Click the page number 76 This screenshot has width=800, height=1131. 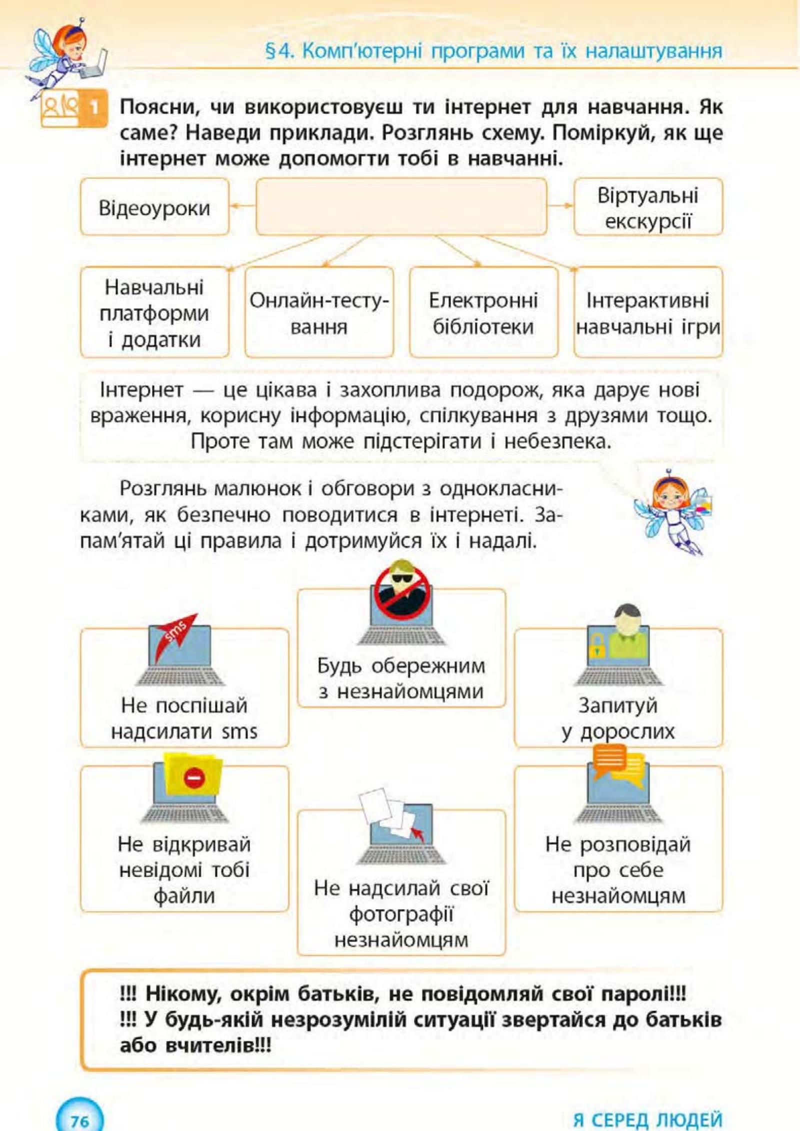coord(79,1121)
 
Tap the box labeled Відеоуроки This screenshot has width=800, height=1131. coord(154,207)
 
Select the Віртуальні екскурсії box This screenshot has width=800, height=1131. coord(648,207)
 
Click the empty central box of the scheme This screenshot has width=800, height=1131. coord(401,206)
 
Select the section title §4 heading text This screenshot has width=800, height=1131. coord(493,51)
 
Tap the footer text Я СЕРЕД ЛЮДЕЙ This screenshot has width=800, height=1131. coord(647,1120)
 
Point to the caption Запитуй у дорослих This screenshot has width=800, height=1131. coord(618,719)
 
